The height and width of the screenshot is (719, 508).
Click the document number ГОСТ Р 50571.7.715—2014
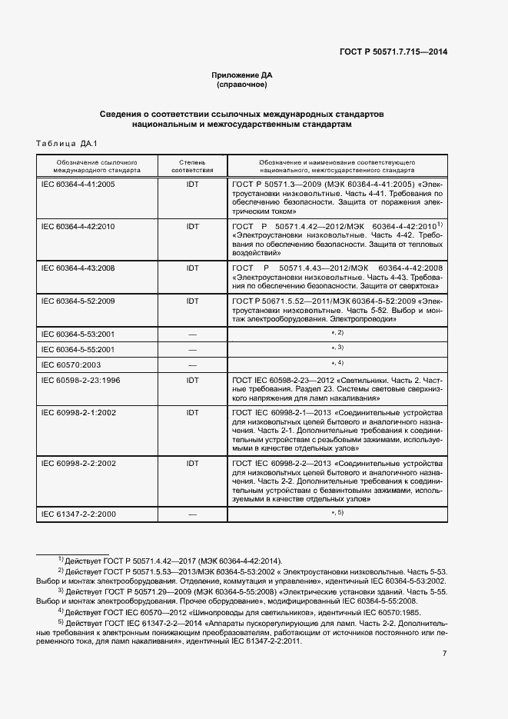tap(393, 52)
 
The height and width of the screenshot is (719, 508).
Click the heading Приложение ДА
tap(242, 75)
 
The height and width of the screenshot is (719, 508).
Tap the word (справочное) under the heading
tap(242, 85)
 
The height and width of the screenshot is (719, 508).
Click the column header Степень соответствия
tap(192, 167)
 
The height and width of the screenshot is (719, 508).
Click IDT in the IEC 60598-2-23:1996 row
tap(192, 381)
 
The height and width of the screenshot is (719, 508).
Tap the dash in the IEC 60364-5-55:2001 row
tap(192, 349)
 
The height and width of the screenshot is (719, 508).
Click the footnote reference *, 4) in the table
tap(337, 362)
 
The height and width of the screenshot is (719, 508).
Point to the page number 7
tap(444, 653)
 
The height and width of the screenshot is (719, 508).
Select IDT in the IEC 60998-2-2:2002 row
tap(192, 464)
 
